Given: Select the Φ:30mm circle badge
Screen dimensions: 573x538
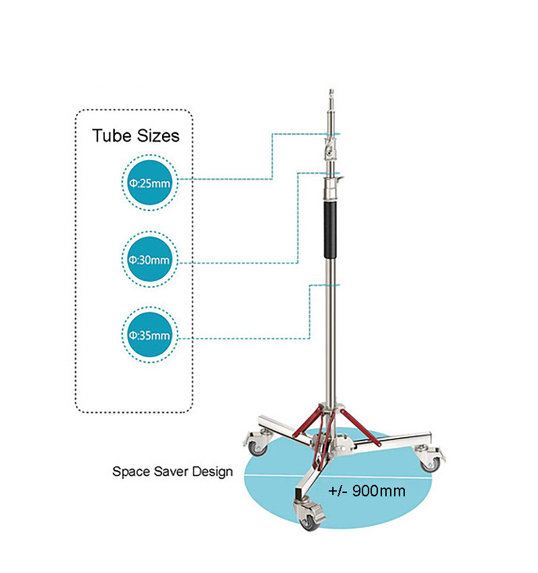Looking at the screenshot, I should pyautogui.click(x=150, y=259).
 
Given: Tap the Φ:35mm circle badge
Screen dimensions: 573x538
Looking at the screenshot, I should pyautogui.click(x=150, y=334).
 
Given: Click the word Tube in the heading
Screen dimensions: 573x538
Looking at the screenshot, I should pyautogui.click(x=111, y=136).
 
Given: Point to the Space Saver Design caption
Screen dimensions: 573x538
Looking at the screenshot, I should pyautogui.click(x=172, y=471).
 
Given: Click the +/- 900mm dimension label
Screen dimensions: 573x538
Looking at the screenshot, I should pyautogui.click(x=367, y=490).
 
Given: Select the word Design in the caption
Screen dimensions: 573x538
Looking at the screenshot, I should pyautogui.click(x=211, y=471).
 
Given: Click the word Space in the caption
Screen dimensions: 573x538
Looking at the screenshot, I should pyautogui.click(x=127, y=471).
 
